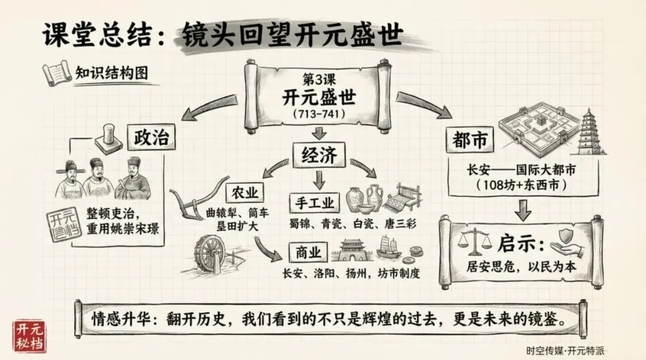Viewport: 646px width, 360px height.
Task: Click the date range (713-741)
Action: [315, 113]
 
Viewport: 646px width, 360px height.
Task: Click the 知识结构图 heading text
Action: [112, 73]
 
